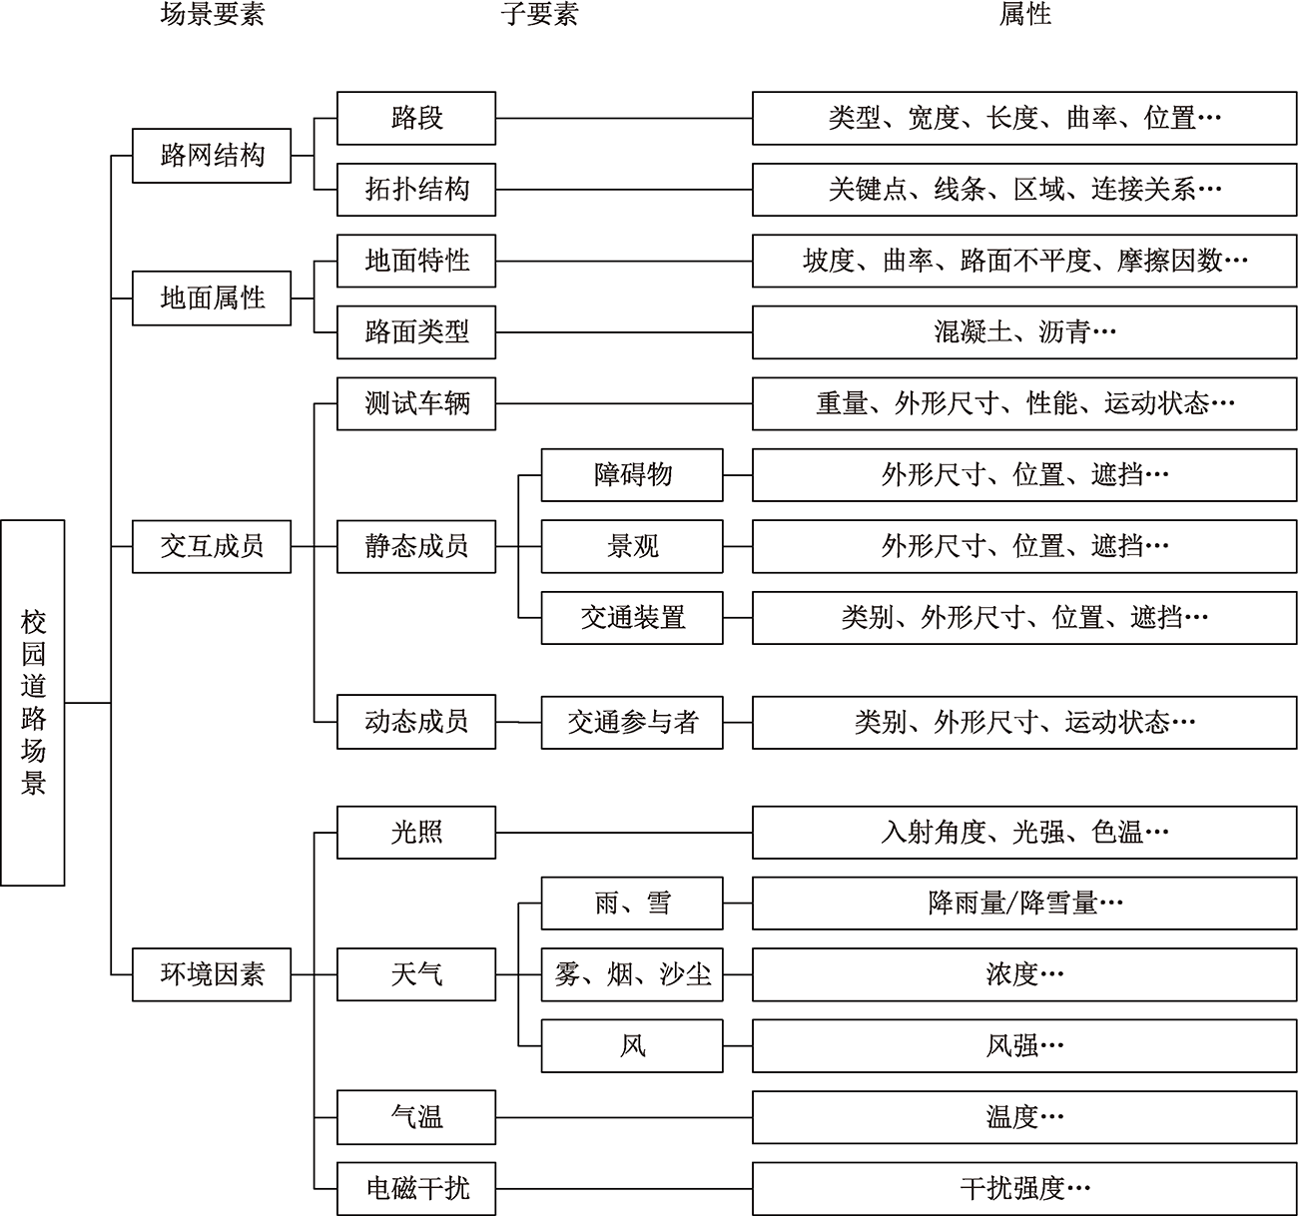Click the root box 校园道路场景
click(33, 703)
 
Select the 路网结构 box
click(212, 156)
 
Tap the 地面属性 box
click(212, 299)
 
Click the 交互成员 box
click(212, 546)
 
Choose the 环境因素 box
click(212, 974)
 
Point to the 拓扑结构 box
click(416, 190)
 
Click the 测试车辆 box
click(416, 403)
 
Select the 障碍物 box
click(632, 475)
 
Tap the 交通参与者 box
click(632, 723)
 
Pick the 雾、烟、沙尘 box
click(632, 974)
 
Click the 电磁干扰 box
click(416, 1188)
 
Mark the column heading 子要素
click(540, 14)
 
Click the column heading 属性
click(1024, 14)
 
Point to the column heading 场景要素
click(213, 14)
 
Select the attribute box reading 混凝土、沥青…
click(1024, 332)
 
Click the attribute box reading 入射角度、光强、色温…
click(1024, 833)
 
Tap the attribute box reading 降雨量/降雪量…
click(1024, 904)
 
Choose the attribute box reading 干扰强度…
click(1024, 1188)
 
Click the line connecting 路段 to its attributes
click(624, 119)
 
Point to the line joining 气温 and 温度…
click(624, 1117)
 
